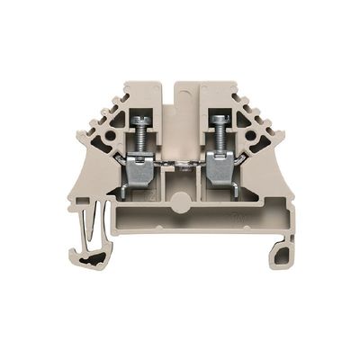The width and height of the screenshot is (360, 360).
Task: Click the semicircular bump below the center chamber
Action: tap(181, 202)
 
